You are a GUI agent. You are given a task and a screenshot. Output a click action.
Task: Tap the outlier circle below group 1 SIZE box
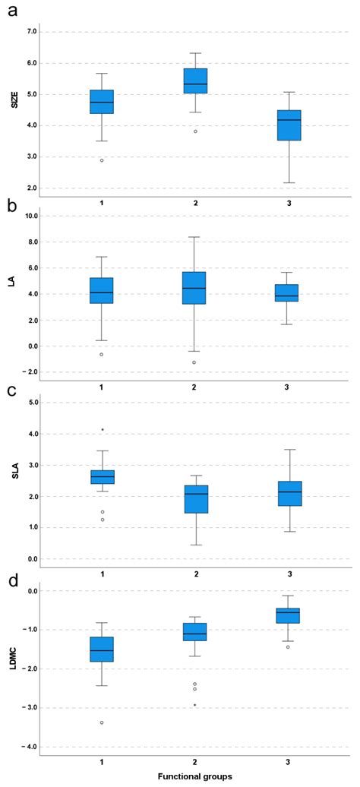coord(102,160)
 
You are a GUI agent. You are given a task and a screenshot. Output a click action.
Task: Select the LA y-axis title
coord(13,282)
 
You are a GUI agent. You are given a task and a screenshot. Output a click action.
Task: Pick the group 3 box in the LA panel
coord(288,292)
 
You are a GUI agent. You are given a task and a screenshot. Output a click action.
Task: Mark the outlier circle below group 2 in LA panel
coord(194,362)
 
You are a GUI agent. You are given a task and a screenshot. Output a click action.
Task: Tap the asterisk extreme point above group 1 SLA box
coord(102,430)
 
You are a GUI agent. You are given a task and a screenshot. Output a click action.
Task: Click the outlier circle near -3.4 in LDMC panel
coord(102,722)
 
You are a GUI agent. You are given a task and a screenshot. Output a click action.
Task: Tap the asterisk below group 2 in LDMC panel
coord(194,706)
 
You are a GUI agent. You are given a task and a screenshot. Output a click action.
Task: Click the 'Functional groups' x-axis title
coord(195,776)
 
